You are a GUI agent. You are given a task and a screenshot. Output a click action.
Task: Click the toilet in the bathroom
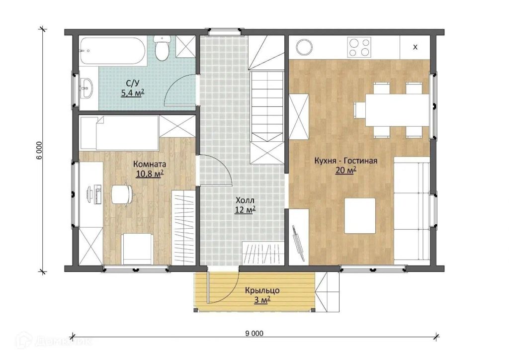162,48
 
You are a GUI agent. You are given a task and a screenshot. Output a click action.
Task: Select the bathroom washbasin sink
86,88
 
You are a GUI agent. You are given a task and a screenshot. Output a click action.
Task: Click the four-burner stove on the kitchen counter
359,47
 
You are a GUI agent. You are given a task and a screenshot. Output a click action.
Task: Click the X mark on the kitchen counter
415,47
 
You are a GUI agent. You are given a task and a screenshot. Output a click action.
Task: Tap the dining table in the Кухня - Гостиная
398,110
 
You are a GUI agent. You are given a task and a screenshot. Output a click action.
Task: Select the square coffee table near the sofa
360,216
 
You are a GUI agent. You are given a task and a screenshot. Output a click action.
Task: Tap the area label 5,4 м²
132,93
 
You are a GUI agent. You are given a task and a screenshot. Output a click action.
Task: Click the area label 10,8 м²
150,174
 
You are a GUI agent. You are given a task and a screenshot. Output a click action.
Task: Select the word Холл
245,200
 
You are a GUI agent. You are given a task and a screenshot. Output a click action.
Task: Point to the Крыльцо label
262,290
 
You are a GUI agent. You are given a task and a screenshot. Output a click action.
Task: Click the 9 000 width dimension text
255,333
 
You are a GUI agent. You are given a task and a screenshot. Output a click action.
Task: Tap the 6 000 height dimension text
39,151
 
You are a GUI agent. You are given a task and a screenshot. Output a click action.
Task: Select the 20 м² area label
346,170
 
